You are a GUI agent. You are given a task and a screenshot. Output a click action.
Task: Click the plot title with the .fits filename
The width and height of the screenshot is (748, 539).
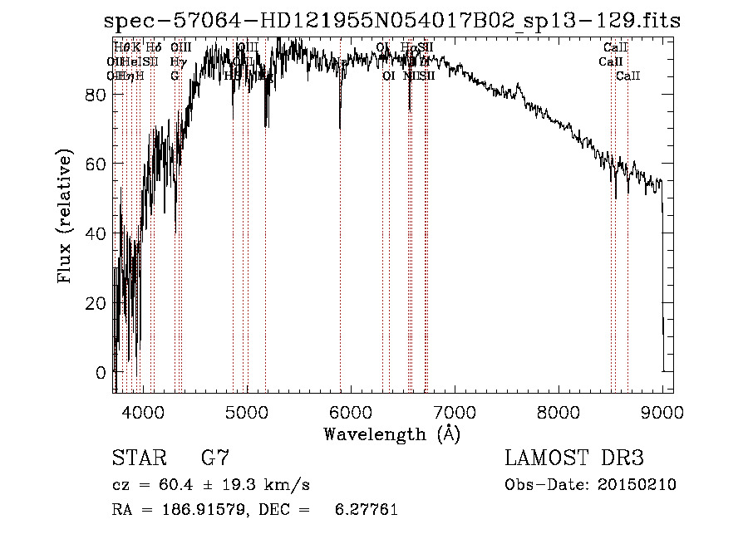point(392,21)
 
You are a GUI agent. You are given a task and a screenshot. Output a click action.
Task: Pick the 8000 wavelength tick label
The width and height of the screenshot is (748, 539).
point(558,410)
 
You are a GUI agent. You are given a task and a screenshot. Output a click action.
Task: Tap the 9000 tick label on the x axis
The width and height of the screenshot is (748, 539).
point(662,410)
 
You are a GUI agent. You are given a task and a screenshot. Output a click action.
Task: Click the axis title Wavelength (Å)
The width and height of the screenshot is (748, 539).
point(391,434)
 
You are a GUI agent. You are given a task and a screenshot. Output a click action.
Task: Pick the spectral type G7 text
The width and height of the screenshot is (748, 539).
point(214,458)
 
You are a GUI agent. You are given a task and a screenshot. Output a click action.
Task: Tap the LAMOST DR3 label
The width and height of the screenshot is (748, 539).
point(574,458)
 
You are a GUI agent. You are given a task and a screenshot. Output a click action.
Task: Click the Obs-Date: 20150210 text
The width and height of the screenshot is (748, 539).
point(590,485)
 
